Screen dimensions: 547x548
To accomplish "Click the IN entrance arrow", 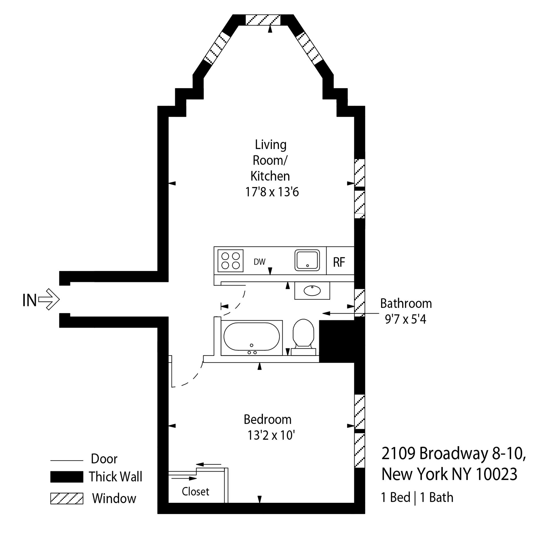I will click(49, 299).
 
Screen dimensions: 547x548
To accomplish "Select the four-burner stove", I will click(230, 261).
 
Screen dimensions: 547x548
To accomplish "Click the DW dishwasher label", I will click(259, 262).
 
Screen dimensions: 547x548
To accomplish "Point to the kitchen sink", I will click(307, 260).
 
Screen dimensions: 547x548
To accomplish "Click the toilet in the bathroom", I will click(303, 336).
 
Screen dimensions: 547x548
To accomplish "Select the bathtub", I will click(252, 337).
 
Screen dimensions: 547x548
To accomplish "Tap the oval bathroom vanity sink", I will click(312, 291).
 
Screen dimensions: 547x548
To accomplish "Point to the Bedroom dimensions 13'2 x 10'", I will click(271, 435).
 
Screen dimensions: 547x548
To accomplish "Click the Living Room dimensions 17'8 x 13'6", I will click(272, 192).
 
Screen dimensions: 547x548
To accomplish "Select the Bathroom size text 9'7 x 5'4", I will click(405, 319).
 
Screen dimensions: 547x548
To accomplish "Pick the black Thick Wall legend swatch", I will click(67, 476).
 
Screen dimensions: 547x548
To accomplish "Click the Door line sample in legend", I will click(67, 460).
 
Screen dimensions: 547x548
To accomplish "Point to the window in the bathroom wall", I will click(359, 302).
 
